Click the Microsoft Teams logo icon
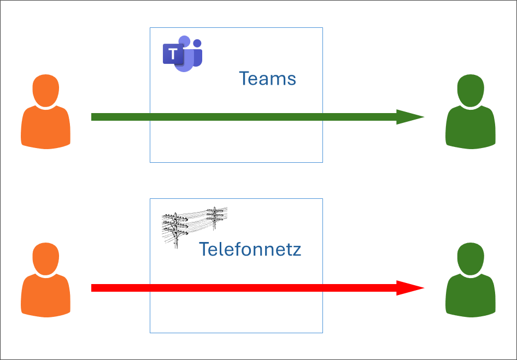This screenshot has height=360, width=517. [x=183, y=54]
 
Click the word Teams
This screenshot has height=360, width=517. [x=267, y=79]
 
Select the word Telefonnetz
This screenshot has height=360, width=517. [x=250, y=250]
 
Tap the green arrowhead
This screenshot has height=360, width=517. [x=409, y=117]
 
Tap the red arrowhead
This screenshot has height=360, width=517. [x=409, y=288]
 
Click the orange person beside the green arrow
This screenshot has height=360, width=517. [x=46, y=112]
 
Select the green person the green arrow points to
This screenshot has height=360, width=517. [x=471, y=112]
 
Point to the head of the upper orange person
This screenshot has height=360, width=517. [x=46, y=90]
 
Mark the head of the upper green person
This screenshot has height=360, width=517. [x=471, y=90]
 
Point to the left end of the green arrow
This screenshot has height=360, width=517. [x=93, y=117]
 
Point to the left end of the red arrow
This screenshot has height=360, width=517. [x=93, y=288]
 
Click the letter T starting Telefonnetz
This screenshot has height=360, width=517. [x=204, y=250]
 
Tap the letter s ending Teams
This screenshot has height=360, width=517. [x=292, y=80]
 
